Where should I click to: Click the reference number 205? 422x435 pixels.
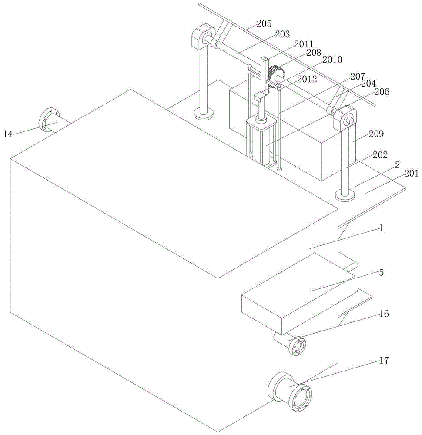pyautogui.click(x=264, y=23)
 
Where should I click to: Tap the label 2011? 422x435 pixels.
pyautogui.click(x=304, y=44)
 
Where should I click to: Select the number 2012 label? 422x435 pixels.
pyautogui.click(x=307, y=79)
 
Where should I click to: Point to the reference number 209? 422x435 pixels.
pyautogui.click(x=376, y=134)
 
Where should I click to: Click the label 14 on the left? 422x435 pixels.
pyautogui.click(x=8, y=134)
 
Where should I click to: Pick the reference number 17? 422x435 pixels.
pyautogui.click(x=384, y=360)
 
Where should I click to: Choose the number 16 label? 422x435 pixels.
pyautogui.click(x=384, y=314)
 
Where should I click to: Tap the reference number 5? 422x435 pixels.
pyautogui.click(x=381, y=272)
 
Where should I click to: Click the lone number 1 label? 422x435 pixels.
pyautogui.click(x=382, y=228)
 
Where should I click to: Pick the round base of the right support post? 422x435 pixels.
pyautogui.click(x=345, y=195)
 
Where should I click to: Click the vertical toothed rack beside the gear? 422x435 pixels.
pyautogui.click(x=265, y=76)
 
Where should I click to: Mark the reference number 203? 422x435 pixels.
pyautogui.click(x=282, y=34)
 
